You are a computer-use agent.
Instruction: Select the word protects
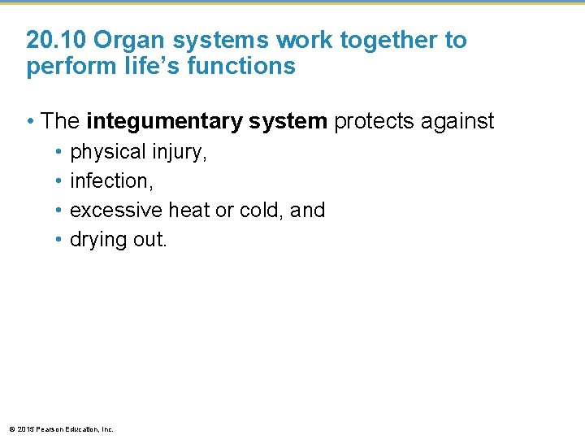[375, 122]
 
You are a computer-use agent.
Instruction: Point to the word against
[457, 122]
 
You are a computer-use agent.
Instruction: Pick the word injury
[178, 152]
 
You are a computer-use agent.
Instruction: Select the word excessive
[116, 211]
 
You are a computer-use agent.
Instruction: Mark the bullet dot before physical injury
[59, 152]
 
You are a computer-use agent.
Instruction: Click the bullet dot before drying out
[59, 240]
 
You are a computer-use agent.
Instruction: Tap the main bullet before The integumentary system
[29, 122]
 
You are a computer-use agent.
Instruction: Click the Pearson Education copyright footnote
[61, 428]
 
